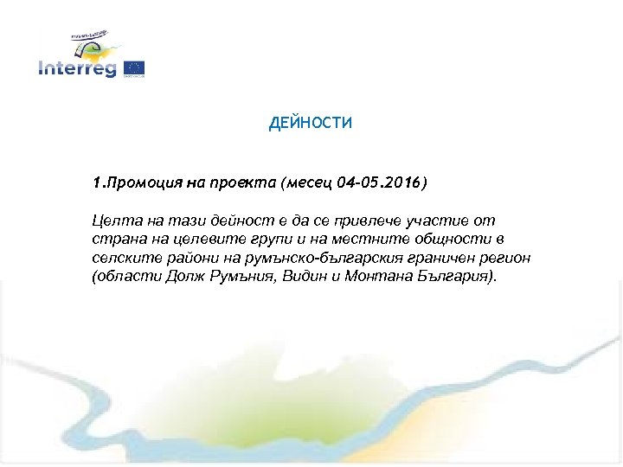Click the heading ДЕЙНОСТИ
pos(311,124)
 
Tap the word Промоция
pos(140,183)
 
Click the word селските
pos(122,259)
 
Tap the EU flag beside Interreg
pos(133,68)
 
